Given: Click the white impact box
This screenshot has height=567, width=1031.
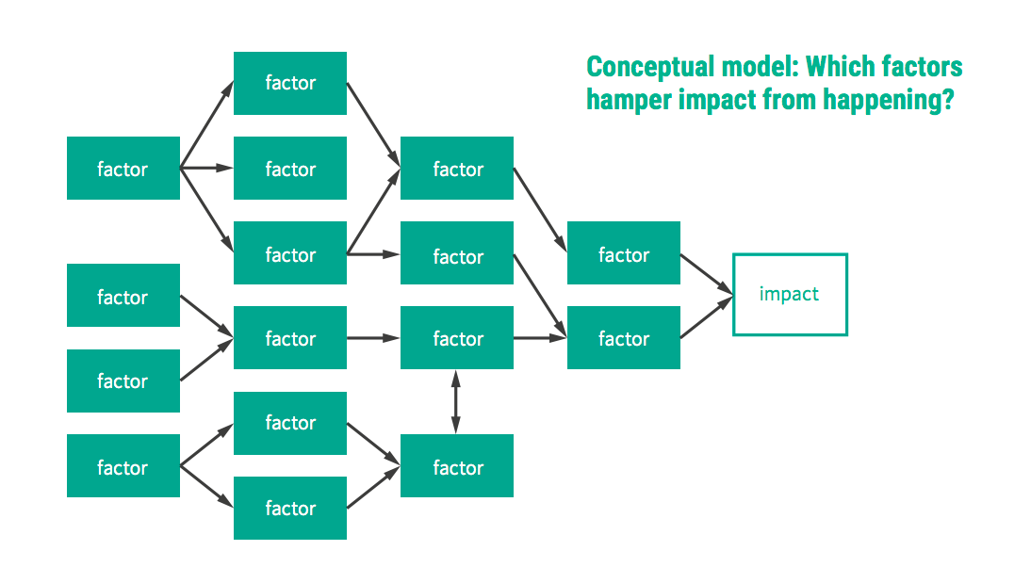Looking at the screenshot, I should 790,294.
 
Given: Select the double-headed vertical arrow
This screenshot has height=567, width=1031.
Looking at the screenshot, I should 456,401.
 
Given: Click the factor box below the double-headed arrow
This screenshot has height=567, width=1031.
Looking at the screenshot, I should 457,466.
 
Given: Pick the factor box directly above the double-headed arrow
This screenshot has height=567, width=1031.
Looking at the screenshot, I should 457,337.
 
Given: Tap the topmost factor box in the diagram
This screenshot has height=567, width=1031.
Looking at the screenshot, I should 290,83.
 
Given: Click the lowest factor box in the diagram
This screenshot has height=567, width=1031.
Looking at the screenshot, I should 290,508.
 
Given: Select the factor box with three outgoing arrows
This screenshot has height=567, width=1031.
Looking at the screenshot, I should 123,169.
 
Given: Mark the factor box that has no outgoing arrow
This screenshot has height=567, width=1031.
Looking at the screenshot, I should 290,169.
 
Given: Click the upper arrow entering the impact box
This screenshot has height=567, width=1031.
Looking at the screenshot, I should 706,273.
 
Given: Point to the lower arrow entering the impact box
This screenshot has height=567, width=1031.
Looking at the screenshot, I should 706,319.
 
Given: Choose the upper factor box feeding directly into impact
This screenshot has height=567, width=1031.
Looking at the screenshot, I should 624,253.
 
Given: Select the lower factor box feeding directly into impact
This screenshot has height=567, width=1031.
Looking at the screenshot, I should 624,337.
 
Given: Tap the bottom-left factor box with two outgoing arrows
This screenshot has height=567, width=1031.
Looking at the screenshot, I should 123,466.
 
